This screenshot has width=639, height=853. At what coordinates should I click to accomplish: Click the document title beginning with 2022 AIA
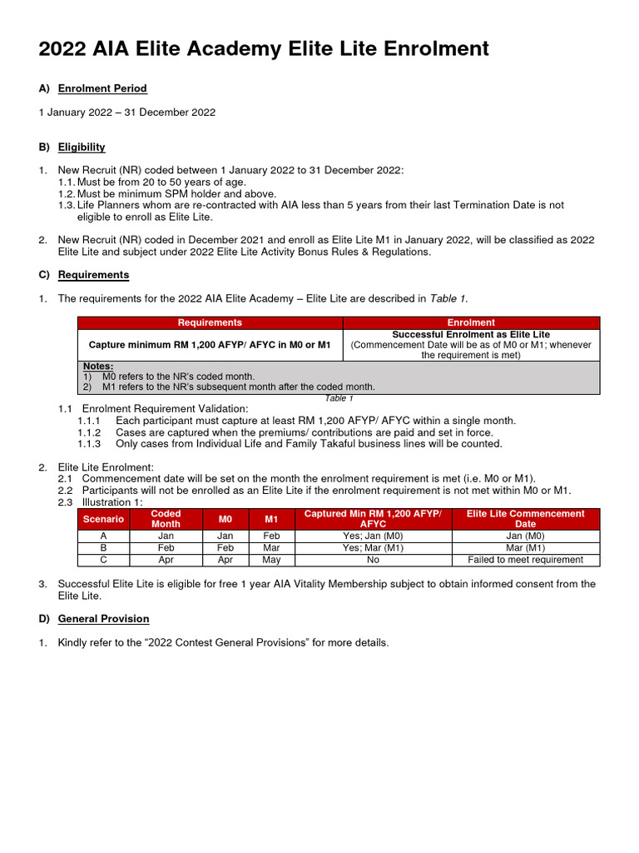click(264, 50)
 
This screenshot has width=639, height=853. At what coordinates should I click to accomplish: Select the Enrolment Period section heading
click(102, 88)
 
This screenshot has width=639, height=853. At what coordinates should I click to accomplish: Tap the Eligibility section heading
click(82, 147)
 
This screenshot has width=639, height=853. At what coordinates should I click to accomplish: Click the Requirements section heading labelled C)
click(93, 275)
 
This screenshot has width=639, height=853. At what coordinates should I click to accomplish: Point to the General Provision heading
click(103, 619)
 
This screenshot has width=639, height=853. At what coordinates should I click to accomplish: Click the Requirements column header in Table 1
click(211, 322)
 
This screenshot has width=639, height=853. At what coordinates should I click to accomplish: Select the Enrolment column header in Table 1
click(471, 322)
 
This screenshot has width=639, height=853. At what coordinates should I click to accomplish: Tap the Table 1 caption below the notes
click(339, 398)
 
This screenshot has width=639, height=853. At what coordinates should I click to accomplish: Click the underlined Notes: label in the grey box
click(98, 367)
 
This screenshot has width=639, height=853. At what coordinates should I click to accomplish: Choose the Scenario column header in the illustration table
click(103, 519)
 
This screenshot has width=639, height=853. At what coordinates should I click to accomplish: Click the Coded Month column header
click(166, 519)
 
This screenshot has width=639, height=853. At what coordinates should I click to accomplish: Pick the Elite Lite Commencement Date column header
click(525, 519)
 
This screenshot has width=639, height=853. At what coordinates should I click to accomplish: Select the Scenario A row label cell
click(103, 536)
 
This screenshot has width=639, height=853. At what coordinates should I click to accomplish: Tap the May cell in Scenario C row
click(271, 560)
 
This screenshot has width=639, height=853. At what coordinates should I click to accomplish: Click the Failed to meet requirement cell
click(525, 560)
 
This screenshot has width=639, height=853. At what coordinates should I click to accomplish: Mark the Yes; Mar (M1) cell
click(373, 548)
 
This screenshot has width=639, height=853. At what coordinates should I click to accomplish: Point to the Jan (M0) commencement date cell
click(525, 536)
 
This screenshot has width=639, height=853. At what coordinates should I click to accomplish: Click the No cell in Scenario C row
click(373, 560)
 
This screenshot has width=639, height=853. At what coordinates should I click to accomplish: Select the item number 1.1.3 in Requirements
click(89, 444)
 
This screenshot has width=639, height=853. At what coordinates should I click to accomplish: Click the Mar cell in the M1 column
click(271, 548)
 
